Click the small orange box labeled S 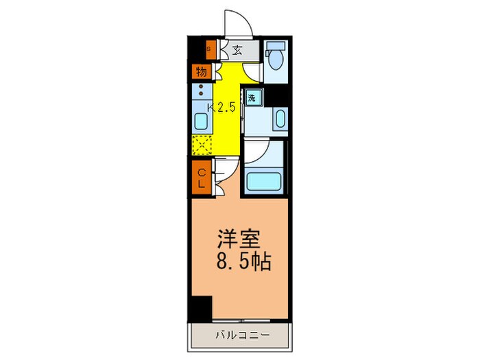tap(209, 49)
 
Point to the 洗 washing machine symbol tap(252, 98)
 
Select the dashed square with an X tap(202, 145)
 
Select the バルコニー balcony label tap(240, 336)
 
